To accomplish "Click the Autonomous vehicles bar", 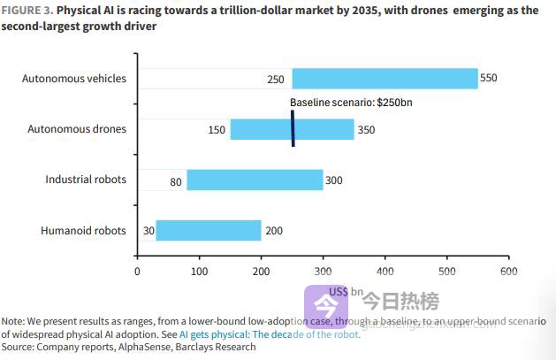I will click(x=385, y=79).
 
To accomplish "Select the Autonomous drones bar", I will click(x=292, y=129).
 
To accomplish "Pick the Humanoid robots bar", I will click(x=208, y=231).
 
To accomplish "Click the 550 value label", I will click(x=489, y=79).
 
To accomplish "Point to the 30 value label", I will click(x=149, y=232).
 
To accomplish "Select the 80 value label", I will click(x=176, y=181).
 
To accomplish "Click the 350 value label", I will click(x=365, y=130).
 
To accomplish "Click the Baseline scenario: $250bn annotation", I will click(x=351, y=103).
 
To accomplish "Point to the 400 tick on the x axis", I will click(x=385, y=271).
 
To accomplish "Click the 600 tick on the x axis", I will click(x=508, y=271).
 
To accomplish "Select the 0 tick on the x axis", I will click(x=137, y=271).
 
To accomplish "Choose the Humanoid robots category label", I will click(x=83, y=231).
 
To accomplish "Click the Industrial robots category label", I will click(x=86, y=180).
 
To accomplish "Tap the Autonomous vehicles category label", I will click(x=74, y=79).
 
